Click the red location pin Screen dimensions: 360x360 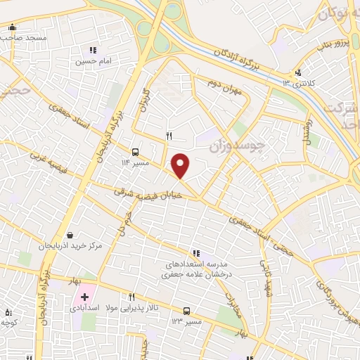(x=181, y=165)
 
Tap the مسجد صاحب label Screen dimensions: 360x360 (x=27, y=37)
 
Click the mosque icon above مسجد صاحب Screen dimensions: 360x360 (x=12, y=27)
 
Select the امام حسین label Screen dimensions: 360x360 (x=94, y=60)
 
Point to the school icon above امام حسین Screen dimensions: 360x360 (x=92, y=50)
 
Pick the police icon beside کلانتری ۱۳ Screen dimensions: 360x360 (x=299, y=72)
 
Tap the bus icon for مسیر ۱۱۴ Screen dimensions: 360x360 (x=135, y=151)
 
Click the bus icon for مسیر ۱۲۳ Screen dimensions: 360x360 (x=186, y=311)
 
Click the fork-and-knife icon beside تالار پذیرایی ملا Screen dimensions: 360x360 (x=131, y=297)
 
